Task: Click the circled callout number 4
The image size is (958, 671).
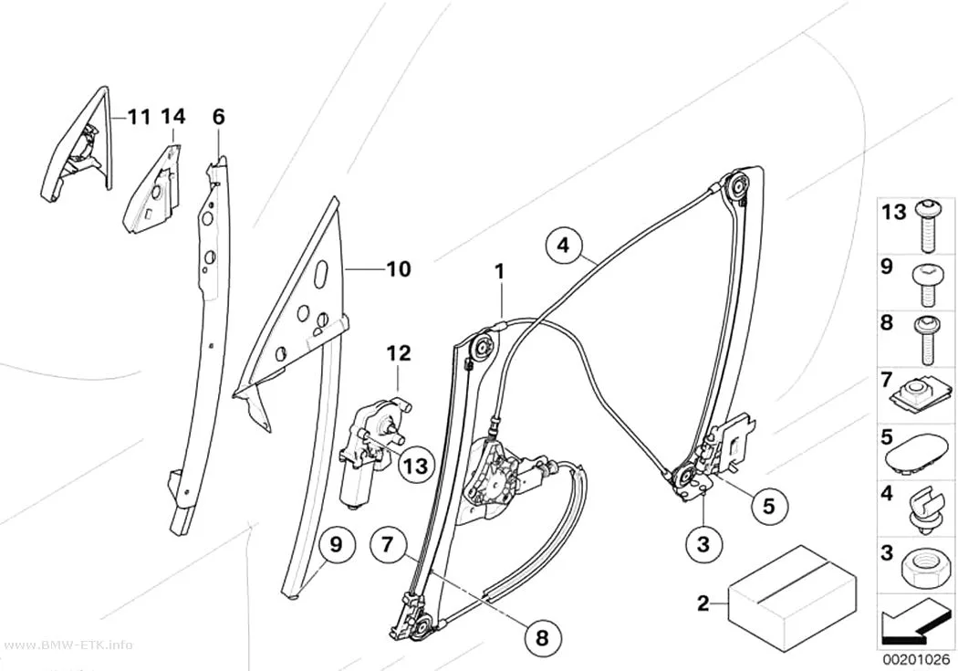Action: pos(563,245)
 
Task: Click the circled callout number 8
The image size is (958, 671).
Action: pos(542,638)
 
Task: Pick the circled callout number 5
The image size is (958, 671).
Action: pos(768,506)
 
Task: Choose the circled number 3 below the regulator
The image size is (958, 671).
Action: pos(703,543)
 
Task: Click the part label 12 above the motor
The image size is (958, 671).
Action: pos(399,354)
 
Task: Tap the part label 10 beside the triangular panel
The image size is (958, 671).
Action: pos(400,269)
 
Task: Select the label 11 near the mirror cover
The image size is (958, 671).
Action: pos(140,116)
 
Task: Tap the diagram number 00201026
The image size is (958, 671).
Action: pos(916,660)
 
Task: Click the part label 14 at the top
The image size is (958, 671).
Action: pos(173,116)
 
